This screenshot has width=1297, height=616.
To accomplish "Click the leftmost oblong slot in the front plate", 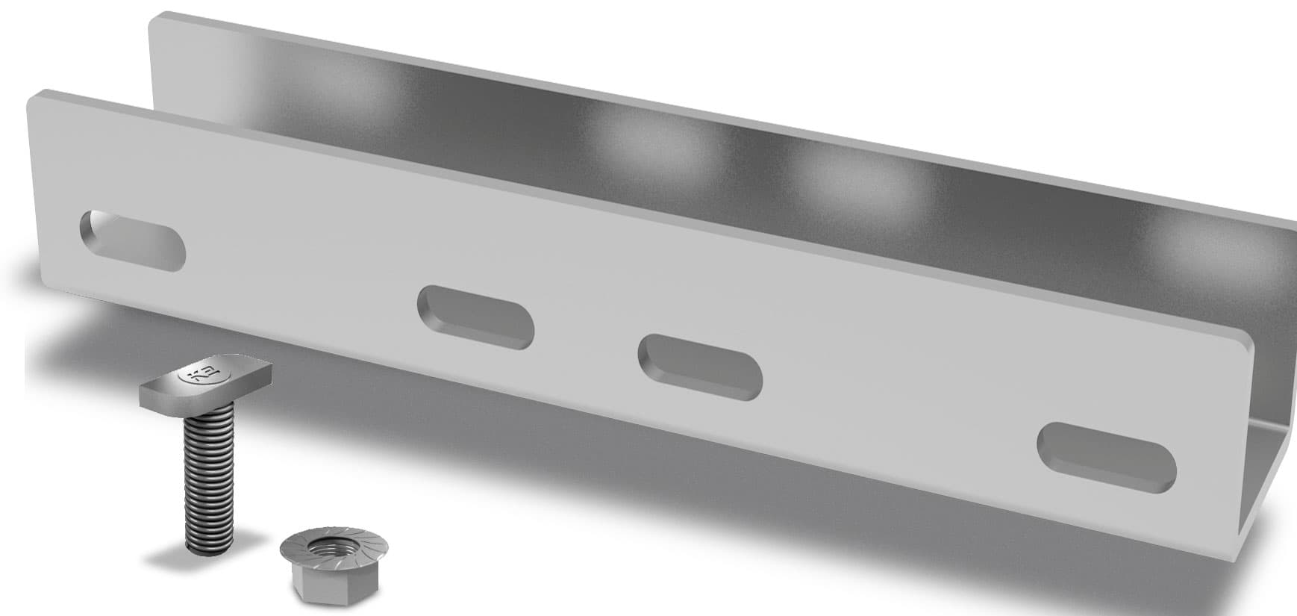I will (x=132, y=240).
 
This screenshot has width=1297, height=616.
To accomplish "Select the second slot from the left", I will (x=475, y=317).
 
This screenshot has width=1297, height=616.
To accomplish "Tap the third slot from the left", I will (x=699, y=364).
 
